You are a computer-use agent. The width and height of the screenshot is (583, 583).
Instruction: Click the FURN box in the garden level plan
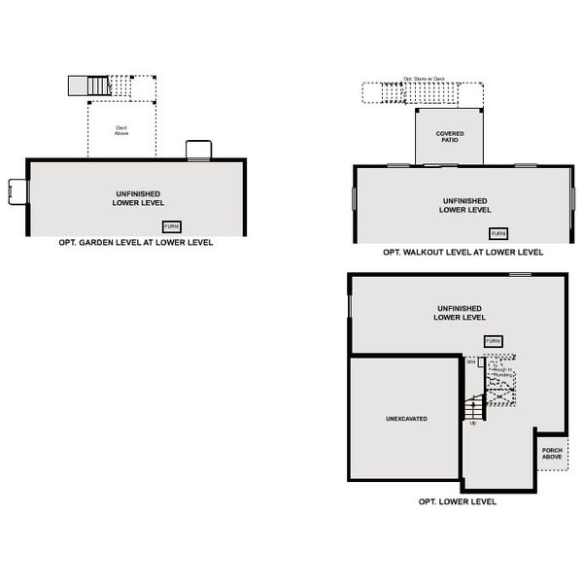coord(172,225)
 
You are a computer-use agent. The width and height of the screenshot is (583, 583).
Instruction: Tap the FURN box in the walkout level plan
coord(498,233)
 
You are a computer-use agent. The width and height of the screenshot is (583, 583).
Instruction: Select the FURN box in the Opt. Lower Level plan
coord(494,341)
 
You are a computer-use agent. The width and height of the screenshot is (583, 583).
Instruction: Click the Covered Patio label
coord(449,136)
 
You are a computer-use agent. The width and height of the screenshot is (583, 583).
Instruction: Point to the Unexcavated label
coord(406,419)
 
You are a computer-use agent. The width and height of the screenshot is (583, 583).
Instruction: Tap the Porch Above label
coord(553,454)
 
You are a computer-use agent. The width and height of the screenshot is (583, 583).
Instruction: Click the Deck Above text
coord(122,130)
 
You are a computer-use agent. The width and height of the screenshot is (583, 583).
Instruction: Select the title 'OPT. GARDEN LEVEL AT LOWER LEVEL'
coord(135,243)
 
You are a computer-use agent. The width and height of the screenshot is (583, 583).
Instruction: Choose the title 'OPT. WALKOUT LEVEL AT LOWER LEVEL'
coord(463,252)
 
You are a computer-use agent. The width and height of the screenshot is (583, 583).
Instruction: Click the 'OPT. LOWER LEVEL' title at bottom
coord(457,502)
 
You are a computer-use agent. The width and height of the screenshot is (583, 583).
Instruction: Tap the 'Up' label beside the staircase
coord(473,423)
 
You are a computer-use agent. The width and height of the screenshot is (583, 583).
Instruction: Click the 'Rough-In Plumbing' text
coord(501,372)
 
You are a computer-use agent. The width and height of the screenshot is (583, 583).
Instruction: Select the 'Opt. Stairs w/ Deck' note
coord(424,80)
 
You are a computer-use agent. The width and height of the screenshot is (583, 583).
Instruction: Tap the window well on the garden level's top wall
coord(198,150)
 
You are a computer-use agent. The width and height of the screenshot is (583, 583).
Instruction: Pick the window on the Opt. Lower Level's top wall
coord(520,275)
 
